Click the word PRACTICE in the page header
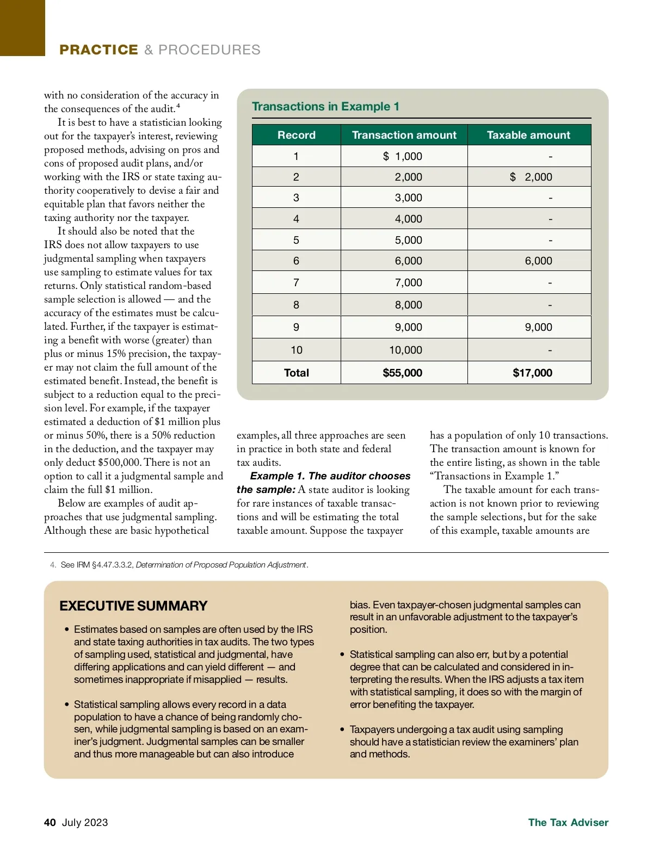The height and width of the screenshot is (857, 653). pyautogui.click(x=98, y=50)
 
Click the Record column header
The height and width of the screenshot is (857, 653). pyautogui.click(x=296, y=135)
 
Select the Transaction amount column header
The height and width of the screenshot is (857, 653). pyautogui.click(x=404, y=135)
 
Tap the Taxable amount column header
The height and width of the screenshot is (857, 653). pyautogui.click(x=528, y=135)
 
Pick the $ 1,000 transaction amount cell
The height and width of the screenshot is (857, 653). pyautogui.click(x=403, y=156)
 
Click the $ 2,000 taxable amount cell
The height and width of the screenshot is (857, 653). pyautogui.click(x=531, y=177)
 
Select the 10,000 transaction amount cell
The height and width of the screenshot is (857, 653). pyautogui.click(x=405, y=350)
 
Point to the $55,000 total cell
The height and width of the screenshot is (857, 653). pyautogui.click(x=402, y=373)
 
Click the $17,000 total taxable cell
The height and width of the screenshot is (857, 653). pyautogui.click(x=532, y=373)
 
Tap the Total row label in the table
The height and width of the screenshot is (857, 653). pyautogui.click(x=296, y=373)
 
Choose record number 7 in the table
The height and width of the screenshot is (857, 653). pyautogui.click(x=296, y=282)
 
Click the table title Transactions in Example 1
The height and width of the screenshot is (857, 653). pyautogui.click(x=325, y=107)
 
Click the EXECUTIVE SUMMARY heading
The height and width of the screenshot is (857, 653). pyautogui.click(x=133, y=606)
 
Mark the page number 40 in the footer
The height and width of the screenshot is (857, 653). pyautogui.click(x=50, y=822)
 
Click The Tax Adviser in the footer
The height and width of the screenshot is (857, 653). pyautogui.click(x=568, y=822)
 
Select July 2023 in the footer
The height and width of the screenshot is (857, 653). pyautogui.click(x=85, y=822)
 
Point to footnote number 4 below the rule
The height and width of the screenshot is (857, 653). pyautogui.click(x=53, y=565)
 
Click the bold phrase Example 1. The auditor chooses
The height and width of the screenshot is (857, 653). pyautogui.click(x=330, y=476)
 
